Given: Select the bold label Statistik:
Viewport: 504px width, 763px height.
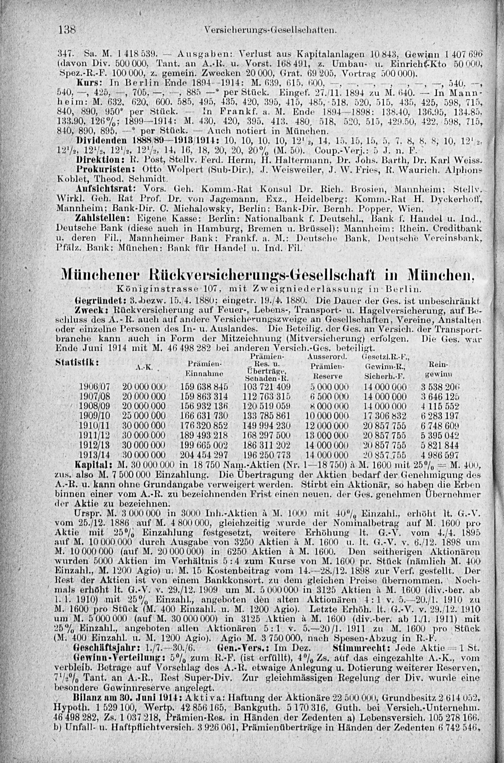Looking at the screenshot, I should coord(77,361).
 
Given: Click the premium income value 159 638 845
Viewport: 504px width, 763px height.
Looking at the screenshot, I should coord(204,386).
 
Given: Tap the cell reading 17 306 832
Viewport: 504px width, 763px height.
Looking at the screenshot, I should coord(385,416).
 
